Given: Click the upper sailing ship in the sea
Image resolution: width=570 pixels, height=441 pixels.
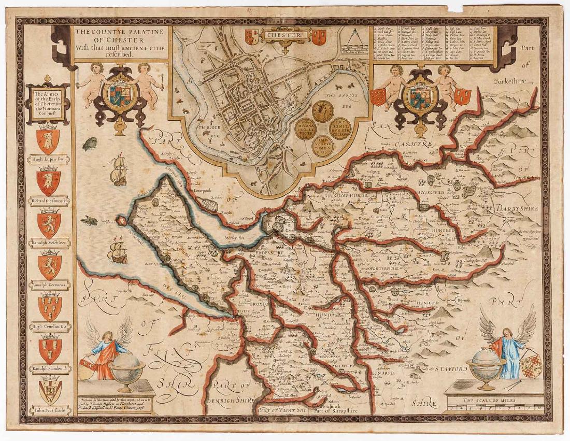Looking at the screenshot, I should coord(119,169).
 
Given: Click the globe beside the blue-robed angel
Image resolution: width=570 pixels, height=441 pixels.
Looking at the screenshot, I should coord(486,366).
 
